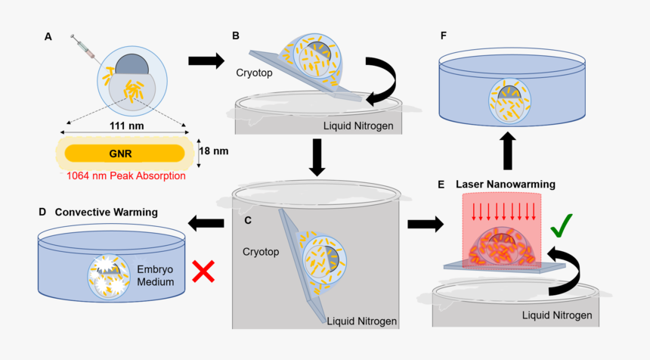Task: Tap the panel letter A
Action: [x=48, y=36]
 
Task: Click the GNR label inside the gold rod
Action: [x=124, y=152]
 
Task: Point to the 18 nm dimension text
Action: [x=213, y=151]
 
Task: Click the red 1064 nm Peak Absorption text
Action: [x=125, y=176]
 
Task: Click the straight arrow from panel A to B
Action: [x=205, y=60]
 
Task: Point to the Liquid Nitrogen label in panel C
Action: [x=362, y=321]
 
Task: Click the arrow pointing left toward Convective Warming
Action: [x=206, y=222]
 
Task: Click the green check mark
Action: [x=560, y=225]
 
